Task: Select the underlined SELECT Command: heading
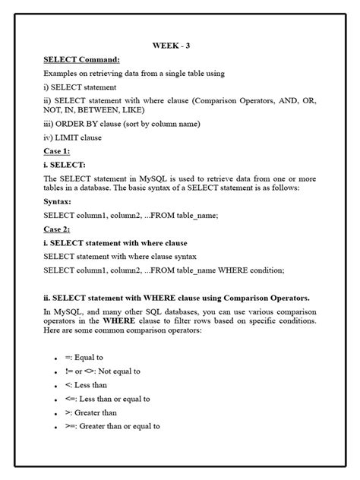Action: coord(81,59)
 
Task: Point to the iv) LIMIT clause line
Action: coord(73,138)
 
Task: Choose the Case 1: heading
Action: coord(57,151)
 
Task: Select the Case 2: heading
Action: coord(57,229)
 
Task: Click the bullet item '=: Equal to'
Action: coord(84,358)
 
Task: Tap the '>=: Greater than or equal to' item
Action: coord(112,426)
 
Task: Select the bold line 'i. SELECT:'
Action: coord(65,164)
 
